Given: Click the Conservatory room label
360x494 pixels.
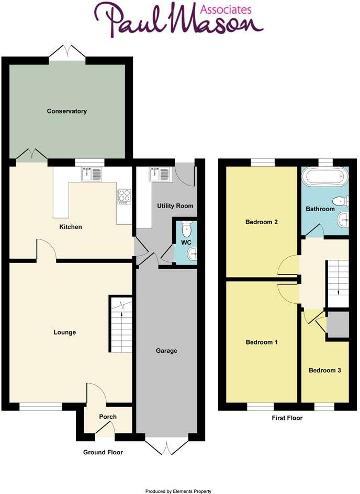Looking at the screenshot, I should coord(66,111).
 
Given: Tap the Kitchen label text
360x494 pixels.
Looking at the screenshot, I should coord(71,227).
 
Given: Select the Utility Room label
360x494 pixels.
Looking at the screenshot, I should coord(175,206).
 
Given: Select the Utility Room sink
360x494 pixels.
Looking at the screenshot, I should coord(156,174).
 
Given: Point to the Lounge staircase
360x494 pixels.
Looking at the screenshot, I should coord(120,324).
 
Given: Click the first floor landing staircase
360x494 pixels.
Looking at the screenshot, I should coord(337,283).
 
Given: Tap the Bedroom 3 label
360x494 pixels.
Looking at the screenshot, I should coord(325,370).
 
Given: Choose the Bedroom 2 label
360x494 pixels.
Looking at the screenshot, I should coord(261,222).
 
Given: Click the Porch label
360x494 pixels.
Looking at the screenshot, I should coord(107,417).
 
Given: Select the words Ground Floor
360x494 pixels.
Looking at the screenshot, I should coord(103,452).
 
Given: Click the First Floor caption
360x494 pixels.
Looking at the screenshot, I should coord(287,418).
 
